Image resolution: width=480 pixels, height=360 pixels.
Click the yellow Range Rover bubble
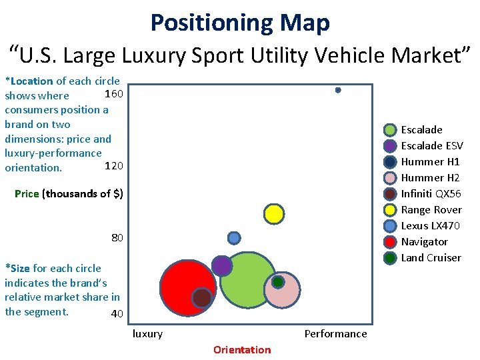click(273, 213)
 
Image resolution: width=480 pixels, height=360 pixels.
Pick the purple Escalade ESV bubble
click(222, 265)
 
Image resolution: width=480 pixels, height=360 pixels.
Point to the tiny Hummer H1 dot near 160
click(338, 90)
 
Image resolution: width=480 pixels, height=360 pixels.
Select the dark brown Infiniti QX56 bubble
click(202, 297)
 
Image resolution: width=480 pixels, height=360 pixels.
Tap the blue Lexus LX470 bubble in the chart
click(234, 238)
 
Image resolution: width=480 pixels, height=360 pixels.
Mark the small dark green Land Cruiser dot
click(278, 282)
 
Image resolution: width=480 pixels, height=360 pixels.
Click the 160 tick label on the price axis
click(114, 93)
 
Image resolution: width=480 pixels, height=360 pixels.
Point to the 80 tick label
click(117, 238)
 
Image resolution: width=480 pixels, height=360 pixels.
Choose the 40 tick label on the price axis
click(117, 313)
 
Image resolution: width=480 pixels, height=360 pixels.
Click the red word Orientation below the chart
click(242, 350)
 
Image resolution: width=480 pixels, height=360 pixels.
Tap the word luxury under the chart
click(147, 333)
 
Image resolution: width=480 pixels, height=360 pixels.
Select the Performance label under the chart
click(335, 333)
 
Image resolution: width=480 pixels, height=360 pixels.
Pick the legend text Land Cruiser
click(431, 258)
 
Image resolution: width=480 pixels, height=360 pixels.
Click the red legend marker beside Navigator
click(391, 242)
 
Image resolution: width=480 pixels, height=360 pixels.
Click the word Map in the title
click(305, 23)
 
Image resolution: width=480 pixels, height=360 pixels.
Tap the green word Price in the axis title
click(27, 193)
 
